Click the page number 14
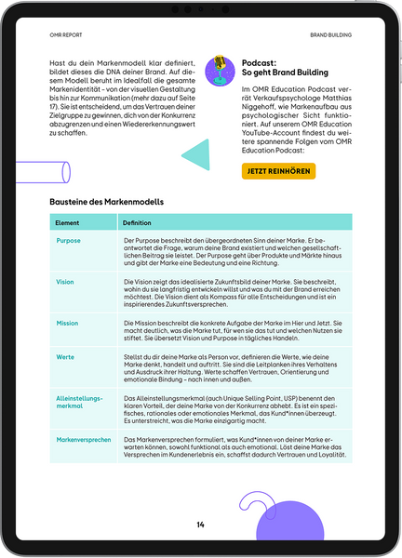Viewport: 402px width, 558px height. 200,525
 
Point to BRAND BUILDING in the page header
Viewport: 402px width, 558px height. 330,34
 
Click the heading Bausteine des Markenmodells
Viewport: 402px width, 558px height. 106,201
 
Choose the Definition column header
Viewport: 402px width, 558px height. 137,223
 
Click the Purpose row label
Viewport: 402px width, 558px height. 68,241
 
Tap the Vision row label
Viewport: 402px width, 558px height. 65,281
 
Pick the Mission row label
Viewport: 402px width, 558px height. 67,323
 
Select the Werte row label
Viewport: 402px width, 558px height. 65,356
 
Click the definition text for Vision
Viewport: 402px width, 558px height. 233,292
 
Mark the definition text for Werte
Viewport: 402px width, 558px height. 233,368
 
